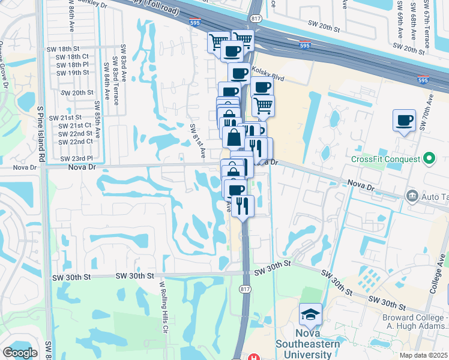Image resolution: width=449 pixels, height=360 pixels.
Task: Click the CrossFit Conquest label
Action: (x=385, y=159)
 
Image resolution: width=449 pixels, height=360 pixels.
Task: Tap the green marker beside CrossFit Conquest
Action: (x=429, y=158)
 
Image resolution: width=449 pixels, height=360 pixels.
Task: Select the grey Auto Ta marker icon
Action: (x=412, y=196)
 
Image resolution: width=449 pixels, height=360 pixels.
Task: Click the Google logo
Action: (x=20, y=352)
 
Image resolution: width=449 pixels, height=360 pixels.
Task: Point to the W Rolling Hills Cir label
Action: (x=162, y=303)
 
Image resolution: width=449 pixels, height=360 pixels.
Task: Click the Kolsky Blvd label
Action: (x=268, y=74)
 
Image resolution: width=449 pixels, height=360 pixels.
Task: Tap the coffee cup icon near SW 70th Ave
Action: (x=405, y=120)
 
